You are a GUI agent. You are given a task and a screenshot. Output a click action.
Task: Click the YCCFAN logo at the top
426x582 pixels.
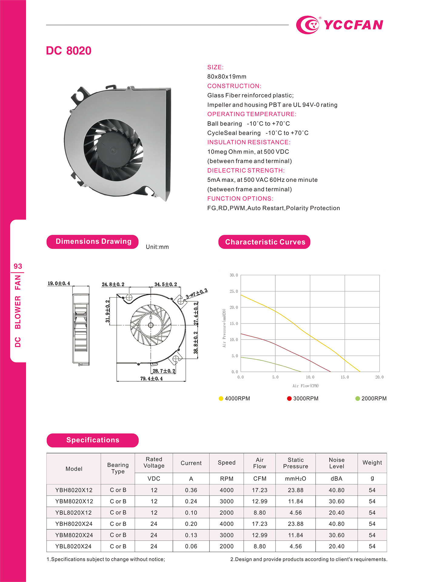coord(340,25)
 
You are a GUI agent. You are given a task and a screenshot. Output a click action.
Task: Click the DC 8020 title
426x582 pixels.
coord(69,51)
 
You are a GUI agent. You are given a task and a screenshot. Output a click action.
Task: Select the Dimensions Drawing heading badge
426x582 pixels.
coord(92,242)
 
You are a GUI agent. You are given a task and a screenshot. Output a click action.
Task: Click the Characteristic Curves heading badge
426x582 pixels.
coord(264,242)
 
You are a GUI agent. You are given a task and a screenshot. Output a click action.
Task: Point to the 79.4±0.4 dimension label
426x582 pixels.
coord(151,379)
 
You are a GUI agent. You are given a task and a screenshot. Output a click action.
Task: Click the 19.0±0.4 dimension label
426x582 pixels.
coord(59,283)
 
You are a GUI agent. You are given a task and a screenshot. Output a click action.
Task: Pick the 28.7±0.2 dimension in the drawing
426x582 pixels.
coord(164,371)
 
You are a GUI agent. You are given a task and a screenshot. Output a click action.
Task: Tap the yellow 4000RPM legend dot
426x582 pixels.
coord(221,398)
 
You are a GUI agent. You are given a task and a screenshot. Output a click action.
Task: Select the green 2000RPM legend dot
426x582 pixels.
coord(357,398)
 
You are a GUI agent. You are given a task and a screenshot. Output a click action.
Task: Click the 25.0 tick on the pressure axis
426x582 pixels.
coord(234,291)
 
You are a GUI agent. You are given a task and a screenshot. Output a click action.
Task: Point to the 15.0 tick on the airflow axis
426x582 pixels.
coord(345,377)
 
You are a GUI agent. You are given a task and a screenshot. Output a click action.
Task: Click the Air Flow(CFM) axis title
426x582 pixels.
coord(305,386)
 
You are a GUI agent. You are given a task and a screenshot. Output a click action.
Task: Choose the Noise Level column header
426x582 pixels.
coord(337,463)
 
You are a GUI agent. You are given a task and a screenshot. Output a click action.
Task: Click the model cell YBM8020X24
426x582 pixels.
coord(74,535)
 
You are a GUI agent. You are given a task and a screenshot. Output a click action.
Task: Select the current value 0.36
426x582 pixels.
coord(191,490)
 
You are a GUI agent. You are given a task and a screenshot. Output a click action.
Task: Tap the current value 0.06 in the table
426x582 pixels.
coord(191,546)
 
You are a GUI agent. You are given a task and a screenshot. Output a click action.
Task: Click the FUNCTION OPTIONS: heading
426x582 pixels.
coord(240,199)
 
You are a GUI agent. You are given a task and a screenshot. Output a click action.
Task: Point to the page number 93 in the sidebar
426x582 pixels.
coord(18,266)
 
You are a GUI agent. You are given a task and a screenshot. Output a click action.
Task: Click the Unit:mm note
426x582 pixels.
coord(157,247)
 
